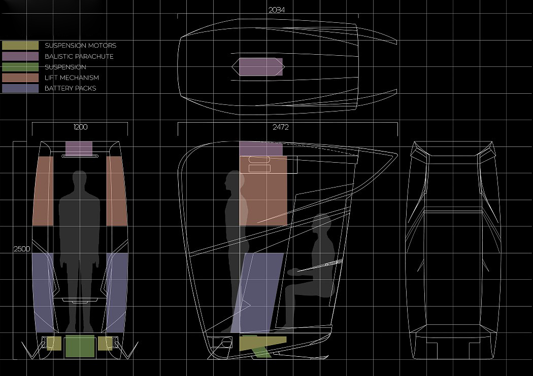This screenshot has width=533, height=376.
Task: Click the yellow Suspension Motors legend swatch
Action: point(20,46)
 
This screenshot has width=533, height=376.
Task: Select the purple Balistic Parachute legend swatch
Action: point(20,56)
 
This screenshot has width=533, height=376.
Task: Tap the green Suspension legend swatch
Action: point(20,67)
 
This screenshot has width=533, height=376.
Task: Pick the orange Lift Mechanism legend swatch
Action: point(20,78)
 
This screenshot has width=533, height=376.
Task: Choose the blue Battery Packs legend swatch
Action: point(20,88)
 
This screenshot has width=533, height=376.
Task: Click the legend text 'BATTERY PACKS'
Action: point(71,88)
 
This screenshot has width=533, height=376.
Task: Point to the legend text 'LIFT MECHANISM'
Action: point(72,78)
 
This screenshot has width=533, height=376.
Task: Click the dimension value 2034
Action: point(277,10)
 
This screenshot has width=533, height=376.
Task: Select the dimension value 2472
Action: point(280,127)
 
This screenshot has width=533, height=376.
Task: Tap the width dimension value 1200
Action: point(81,127)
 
